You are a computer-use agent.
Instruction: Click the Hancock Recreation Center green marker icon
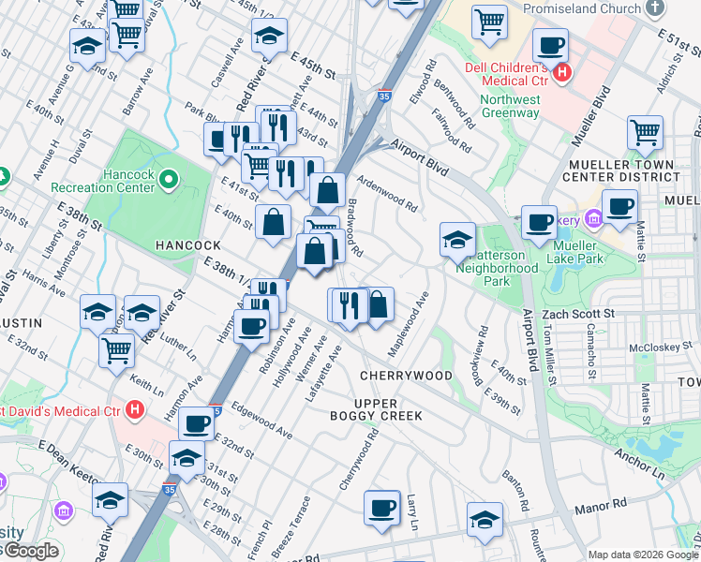(x=169, y=178)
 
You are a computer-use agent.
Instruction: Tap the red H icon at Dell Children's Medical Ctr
(x=561, y=72)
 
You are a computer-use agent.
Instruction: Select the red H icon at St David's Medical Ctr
(x=136, y=409)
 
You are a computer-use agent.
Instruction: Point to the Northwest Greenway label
(x=510, y=106)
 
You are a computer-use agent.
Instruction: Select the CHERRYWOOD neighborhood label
(x=406, y=376)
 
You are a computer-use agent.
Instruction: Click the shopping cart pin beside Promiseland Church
(x=489, y=21)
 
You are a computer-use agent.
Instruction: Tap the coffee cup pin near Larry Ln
(x=381, y=507)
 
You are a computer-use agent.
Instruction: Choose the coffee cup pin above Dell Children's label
(x=550, y=44)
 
